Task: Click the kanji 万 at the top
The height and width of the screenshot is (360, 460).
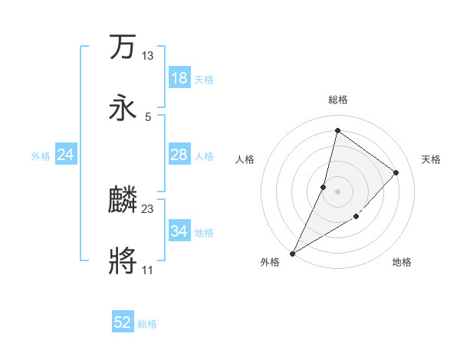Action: [x=123, y=47]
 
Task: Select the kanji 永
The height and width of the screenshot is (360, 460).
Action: [x=123, y=108]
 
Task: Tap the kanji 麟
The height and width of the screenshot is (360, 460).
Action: [x=123, y=201]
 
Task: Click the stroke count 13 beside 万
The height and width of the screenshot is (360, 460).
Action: [x=147, y=55]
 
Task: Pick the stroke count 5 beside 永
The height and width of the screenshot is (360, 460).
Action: [x=148, y=116]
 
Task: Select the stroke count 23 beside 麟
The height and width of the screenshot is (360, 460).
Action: [x=147, y=208]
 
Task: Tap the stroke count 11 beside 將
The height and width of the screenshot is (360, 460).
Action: [x=147, y=270]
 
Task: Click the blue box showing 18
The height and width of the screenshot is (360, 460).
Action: [x=179, y=78]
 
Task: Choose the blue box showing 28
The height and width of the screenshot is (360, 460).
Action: [x=179, y=155]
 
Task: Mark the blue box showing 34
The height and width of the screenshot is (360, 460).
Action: [x=179, y=231]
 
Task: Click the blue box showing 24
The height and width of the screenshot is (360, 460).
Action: [x=65, y=155]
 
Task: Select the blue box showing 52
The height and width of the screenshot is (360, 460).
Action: [x=123, y=322]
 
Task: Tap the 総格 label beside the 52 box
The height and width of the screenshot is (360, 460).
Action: [x=147, y=324]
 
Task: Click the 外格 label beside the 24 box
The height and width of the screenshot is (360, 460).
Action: [x=41, y=155]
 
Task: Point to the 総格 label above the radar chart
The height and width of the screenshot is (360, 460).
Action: [x=337, y=100]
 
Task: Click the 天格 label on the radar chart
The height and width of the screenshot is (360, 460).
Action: [x=431, y=159]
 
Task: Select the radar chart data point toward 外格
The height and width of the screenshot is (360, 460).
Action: [x=292, y=253]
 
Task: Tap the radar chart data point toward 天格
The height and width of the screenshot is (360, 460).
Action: [x=396, y=172]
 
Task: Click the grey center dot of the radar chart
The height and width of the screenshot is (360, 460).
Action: [x=337, y=191]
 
